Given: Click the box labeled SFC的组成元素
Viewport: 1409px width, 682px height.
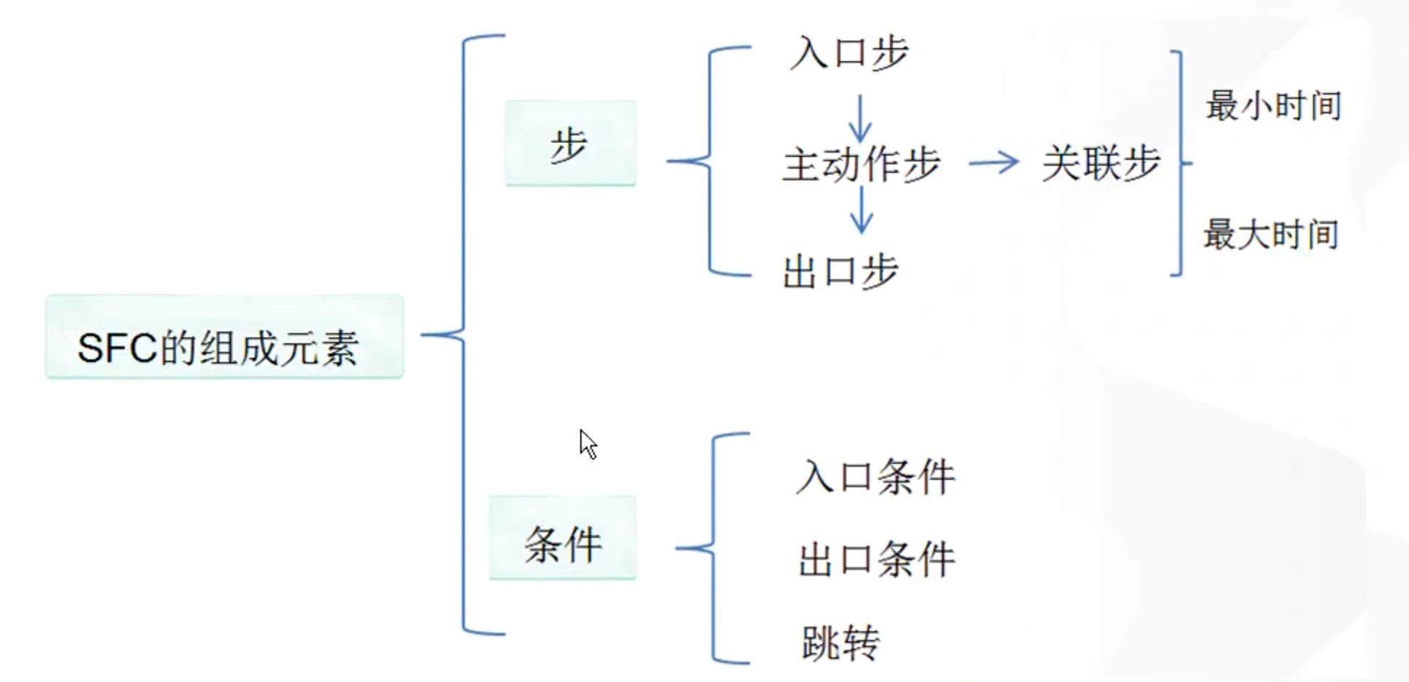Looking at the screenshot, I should coord(224,337).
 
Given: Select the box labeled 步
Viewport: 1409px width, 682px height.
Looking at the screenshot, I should coord(570,143).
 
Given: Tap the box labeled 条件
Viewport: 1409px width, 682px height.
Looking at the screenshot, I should coord(562,538).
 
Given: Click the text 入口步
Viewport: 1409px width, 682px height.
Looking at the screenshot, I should coord(849,53).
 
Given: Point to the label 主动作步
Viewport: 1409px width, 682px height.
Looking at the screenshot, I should coord(861,164).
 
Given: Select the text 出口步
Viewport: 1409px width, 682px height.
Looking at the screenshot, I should coord(840,272).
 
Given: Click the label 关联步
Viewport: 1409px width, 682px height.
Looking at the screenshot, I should coord(1100,163).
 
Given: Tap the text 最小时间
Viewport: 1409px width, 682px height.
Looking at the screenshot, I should coord(1273,106).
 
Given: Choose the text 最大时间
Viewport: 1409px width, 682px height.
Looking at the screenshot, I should coord(1271,235).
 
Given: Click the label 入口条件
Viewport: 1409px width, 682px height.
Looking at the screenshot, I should coord(875,478).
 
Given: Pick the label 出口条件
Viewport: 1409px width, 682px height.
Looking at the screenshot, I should coord(876,560).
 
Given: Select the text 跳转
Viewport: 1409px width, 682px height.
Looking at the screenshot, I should coord(840,643).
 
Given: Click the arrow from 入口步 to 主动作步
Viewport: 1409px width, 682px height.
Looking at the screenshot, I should coord(860,118).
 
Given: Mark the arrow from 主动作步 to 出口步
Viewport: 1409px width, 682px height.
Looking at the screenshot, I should coord(861,210).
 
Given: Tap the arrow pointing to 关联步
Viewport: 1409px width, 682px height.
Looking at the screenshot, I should coord(994,162).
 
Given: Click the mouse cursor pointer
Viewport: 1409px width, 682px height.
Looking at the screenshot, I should coord(587,444).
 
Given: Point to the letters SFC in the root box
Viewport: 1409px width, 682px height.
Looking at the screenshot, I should coord(117,348).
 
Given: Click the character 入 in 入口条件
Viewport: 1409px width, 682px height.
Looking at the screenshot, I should coord(814,478).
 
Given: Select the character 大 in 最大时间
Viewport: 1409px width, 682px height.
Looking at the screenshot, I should coord(1253,235).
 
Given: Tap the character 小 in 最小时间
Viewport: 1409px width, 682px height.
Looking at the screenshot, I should coord(1256,106).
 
